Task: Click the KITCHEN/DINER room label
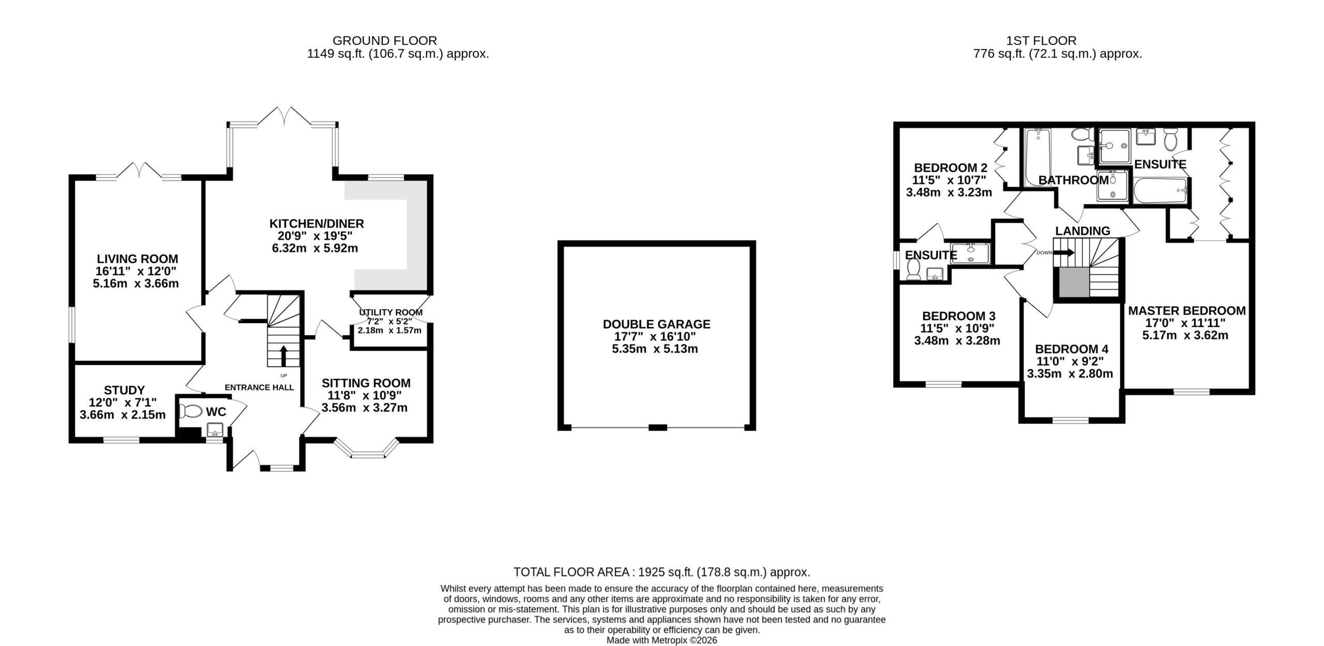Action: click(x=317, y=224)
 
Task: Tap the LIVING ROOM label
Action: click(x=138, y=259)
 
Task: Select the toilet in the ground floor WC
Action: click(x=191, y=411)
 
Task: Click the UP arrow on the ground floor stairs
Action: click(x=283, y=356)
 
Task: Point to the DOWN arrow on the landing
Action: click(x=1063, y=253)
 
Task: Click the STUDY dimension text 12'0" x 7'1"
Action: click(x=123, y=402)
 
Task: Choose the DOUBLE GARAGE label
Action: click(x=657, y=324)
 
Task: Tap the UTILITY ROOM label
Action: click(x=391, y=312)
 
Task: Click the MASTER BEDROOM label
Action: click(x=1187, y=311)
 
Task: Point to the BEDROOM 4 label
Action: click(x=1071, y=349)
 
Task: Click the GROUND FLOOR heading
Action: click(x=384, y=40)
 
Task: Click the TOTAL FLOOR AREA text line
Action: click(x=661, y=572)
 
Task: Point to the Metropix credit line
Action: click(x=661, y=640)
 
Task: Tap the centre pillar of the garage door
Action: click(x=657, y=427)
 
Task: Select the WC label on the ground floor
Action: click(x=216, y=412)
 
